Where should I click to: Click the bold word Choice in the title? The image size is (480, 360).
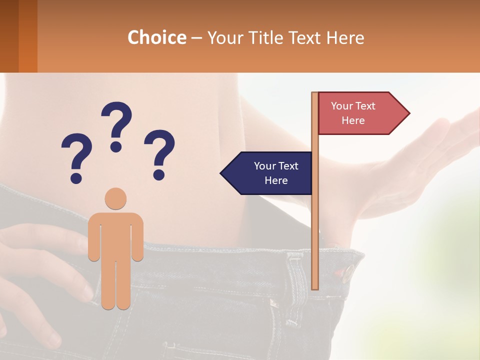point(156,37)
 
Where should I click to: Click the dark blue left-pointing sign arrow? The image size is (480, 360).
point(267,173)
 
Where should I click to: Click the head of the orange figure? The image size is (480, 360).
point(115,198)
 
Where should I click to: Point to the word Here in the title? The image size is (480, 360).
point(345,37)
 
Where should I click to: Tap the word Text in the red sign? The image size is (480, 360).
point(365,106)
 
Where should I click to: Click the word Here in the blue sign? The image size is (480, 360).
point(276,180)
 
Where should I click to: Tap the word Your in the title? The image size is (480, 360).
point(224,37)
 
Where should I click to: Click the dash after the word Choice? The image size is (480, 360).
point(196,38)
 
